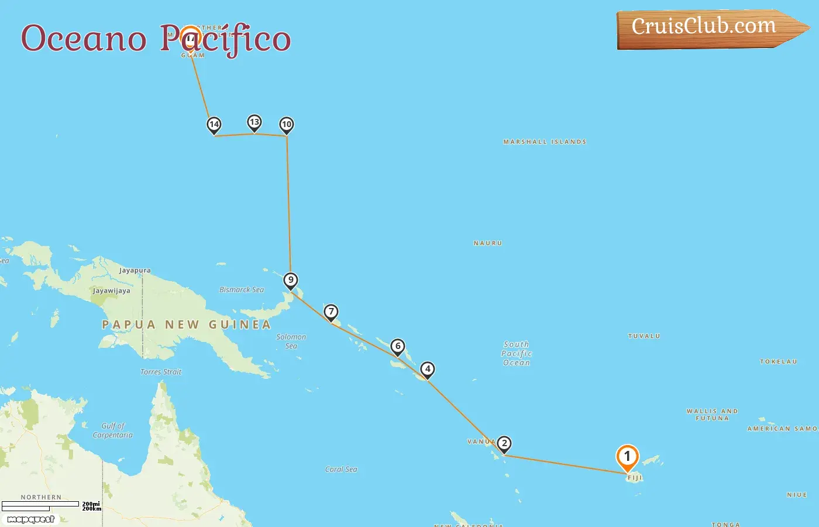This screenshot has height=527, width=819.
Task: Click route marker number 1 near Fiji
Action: pyautogui.click(x=627, y=457)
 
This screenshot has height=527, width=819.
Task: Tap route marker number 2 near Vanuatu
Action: pyautogui.click(x=504, y=443)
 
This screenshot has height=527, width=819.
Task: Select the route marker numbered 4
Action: pyautogui.click(x=428, y=369)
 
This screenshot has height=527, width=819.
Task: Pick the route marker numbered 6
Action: pyautogui.click(x=398, y=346)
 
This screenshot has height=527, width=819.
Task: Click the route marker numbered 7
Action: pyautogui.click(x=331, y=312)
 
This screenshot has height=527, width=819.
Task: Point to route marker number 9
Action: pyautogui.click(x=291, y=280)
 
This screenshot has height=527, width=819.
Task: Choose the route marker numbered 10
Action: pyautogui.click(x=286, y=124)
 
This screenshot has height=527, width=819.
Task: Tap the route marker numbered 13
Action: pyautogui.click(x=254, y=122)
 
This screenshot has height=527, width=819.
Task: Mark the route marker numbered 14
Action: pyautogui.click(x=214, y=124)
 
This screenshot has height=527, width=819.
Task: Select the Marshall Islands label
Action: pyautogui.click(x=545, y=142)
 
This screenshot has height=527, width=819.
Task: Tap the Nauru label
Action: pyautogui.click(x=488, y=243)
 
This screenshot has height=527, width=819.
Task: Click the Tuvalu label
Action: pyautogui.click(x=644, y=336)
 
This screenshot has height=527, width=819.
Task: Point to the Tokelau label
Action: pyautogui.click(x=778, y=362)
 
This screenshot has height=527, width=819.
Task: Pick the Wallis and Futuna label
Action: pyautogui.click(x=712, y=415)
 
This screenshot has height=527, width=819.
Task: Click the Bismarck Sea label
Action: pyautogui.click(x=242, y=290)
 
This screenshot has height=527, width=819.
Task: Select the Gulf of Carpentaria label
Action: pyautogui.click(x=113, y=430)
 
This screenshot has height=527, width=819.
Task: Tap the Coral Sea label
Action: pyautogui.click(x=341, y=470)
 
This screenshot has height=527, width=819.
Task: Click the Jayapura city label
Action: pyautogui.click(x=135, y=271)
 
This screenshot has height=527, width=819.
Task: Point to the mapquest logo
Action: pyautogui.click(x=30, y=519)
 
